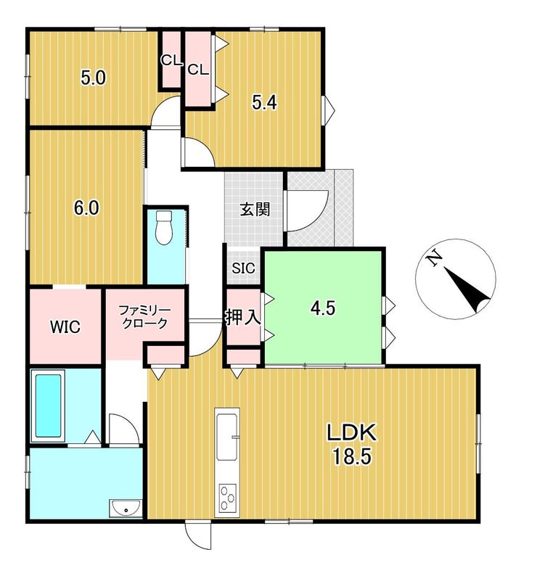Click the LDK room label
coord(351,434)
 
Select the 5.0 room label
coord(93,78)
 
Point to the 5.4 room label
coord(264,102)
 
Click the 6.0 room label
coord(86,208)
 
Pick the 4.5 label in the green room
coord(322,308)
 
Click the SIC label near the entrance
coord(243,268)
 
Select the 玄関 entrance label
coord(255,210)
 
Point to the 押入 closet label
coord(243,317)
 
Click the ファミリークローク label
coord(144,317)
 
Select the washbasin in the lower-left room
coord(126,509)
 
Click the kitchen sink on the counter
coord(227,434)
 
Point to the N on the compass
coord(434,258)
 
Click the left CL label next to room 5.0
coord(171,61)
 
